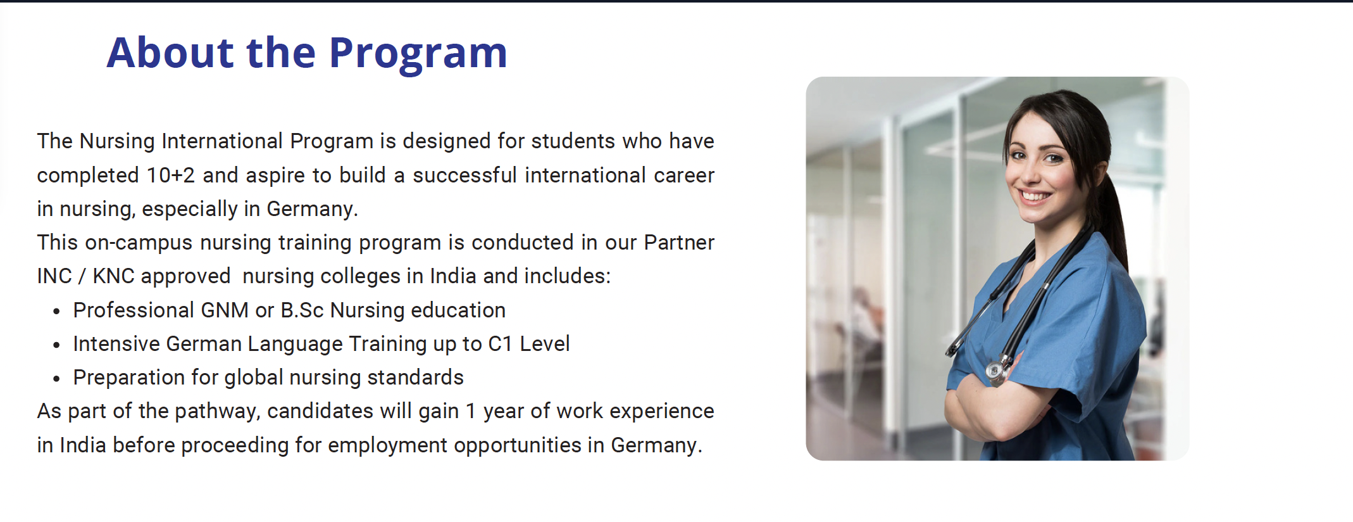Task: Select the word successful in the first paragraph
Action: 465,175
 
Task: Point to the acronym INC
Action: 54,276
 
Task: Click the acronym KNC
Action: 113,276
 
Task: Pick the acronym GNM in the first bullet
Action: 225,310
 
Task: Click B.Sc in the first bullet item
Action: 302,310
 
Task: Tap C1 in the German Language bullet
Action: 500,344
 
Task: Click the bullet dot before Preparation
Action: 57,379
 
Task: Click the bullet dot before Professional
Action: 57,312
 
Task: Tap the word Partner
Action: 679,243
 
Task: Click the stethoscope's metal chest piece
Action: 994,371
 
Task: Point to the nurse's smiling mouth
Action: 1036,196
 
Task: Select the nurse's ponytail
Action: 1114,215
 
